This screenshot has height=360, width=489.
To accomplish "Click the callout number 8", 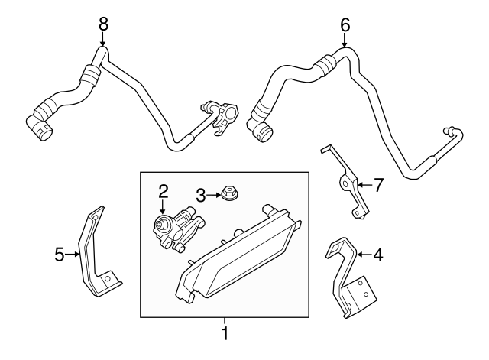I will click(103, 24).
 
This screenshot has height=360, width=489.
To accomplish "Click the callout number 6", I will click(345, 25).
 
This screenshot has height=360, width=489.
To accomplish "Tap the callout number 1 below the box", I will click(225, 333).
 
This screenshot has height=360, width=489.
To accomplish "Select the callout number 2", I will click(163, 190).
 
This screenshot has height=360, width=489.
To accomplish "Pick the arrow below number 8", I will click(103, 41).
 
